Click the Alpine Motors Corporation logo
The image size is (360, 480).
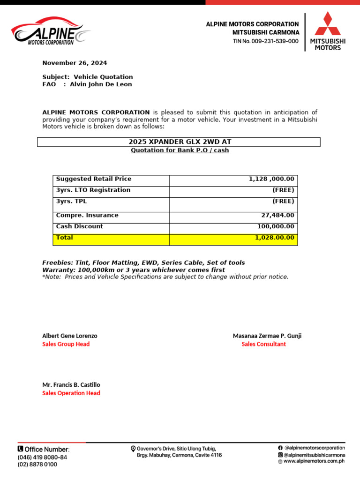click(51, 32)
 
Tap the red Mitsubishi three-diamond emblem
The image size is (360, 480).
click(328, 24)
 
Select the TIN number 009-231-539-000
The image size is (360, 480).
click(266, 41)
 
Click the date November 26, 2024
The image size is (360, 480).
click(75, 63)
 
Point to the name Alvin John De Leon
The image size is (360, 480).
click(101, 84)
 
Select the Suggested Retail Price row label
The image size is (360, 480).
click(94, 179)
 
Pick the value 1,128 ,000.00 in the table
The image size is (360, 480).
click(271, 179)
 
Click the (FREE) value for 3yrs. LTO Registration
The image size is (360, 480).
click(283, 190)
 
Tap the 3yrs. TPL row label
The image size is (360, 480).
click(71, 202)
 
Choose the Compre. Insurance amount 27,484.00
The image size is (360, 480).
click(277, 216)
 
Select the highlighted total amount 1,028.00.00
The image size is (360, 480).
click(275, 238)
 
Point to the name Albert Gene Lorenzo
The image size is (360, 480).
click(70, 336)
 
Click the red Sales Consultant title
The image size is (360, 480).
click(263, 344)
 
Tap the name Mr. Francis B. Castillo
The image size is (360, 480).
click(71, 385)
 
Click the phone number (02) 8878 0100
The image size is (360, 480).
click(37, 465)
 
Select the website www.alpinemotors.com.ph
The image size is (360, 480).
click(314, 461)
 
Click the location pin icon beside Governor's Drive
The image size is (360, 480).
click(133, 449)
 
